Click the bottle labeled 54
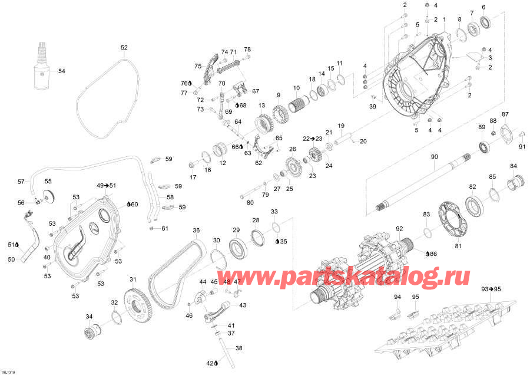[x=41, y=71]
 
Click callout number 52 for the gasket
[x=124, y=47]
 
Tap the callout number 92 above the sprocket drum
[x=399, y=228]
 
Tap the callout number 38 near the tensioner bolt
[x=238, y=348]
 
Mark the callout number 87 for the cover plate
[x=505, y=114]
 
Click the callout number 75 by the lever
[x=198, y=65]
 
